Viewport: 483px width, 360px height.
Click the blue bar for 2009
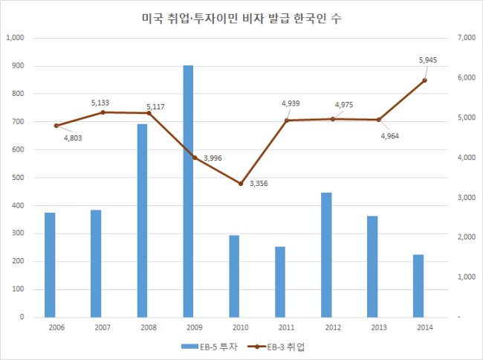188,191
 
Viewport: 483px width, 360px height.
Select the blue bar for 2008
143,221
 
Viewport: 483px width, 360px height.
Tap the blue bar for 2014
418,286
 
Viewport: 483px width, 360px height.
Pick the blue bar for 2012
326,255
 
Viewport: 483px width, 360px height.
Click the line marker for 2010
241,184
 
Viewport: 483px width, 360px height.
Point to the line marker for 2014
424,80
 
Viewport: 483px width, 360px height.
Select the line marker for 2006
56,126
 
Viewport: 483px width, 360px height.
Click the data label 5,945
428,60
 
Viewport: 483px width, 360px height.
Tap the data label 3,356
259,184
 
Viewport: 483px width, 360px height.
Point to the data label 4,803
73,138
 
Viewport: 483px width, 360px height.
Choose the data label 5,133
100,103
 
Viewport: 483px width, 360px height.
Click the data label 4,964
390,136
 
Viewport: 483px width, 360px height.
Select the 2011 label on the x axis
287,327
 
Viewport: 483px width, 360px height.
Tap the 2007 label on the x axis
103,327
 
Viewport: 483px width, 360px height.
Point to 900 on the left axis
18,65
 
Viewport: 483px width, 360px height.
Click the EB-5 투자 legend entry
210,347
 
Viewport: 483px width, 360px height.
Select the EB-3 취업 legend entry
276,347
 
